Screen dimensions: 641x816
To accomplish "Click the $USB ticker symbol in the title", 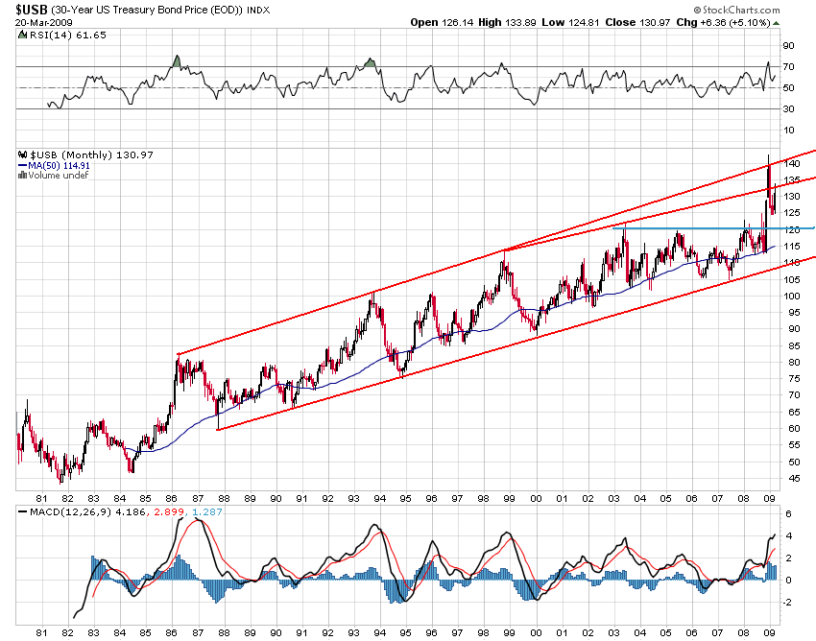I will click(x=30, y=10).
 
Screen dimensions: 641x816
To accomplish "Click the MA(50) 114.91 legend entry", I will click(x=60, y=165).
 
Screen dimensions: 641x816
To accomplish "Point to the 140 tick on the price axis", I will click(x=790, y=164).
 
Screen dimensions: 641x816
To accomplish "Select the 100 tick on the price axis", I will click(x=790, y=297).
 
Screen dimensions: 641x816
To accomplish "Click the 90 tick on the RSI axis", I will click(x=787, y=45).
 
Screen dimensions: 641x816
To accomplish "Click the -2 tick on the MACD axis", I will click(x=786, y=603).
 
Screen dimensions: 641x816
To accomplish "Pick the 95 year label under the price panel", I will click(x=405, y=499).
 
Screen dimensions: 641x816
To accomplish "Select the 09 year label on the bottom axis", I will click(x=768, y=633).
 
